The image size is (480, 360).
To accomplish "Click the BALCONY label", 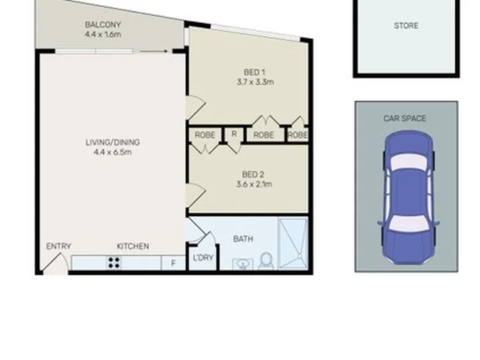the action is (103, 25).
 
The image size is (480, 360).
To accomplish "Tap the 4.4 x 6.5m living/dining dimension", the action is (113, 152).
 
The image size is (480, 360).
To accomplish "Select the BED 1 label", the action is (255, 72).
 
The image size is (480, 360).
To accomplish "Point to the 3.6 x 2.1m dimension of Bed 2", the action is (254, 184).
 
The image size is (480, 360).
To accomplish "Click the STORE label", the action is (406, 26).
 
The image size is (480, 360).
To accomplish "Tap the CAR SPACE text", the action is (405, 119).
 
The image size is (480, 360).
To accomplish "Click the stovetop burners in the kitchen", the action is (114, 263).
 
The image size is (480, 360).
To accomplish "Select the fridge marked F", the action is (173, 263).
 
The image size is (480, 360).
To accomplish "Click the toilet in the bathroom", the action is (266, 261).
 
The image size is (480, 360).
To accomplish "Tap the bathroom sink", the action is (243, 265).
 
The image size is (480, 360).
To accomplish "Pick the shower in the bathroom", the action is (293, 244).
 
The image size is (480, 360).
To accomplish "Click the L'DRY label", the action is (203, 258).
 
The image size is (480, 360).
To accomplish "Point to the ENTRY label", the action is (59, 246).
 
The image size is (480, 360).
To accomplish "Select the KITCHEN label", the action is (133, 246).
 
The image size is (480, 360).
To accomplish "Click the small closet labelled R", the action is (234, 135).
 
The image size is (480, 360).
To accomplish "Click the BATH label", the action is (243, 239).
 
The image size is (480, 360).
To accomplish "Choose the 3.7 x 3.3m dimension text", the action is (255, 82).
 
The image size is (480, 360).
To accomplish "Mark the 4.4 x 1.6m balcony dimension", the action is (103, 34).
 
